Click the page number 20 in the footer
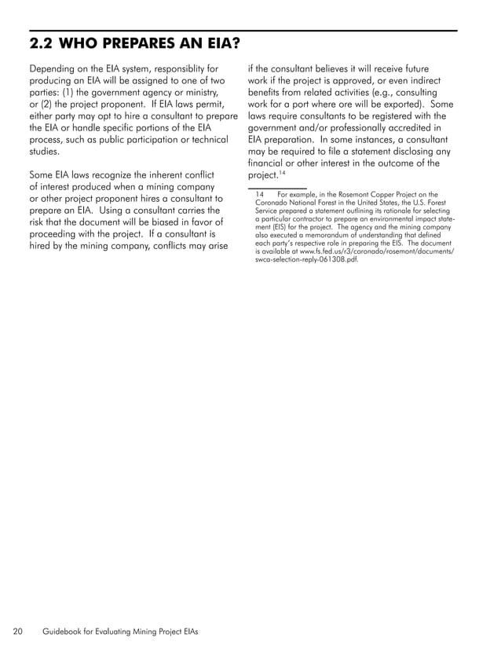[x=18, y=631]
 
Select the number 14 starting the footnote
[x=261, y=195]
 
